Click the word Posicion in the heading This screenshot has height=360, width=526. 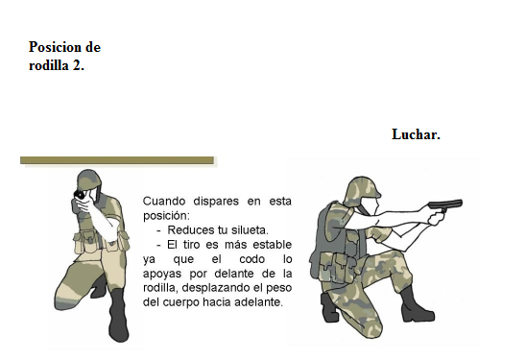pyautogui.click(x=55, y=47)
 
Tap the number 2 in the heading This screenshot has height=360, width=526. pyautogui.click(x=77, y=65)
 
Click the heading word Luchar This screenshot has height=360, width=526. pyautogui.click(x=416, y=134)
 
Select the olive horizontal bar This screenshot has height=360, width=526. pyautogui.click(x=117, y=160)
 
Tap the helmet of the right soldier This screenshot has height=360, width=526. pyautogui.click(x=364, y=188)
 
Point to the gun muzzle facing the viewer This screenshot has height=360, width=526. pyautogui.click(x=80, y=194)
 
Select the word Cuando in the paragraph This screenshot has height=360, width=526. pyautogui.click(x=164, y=202)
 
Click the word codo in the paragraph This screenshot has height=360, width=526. pyautogui.click(x=252, y=259)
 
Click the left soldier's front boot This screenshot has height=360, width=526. pyautogui.click(x=118, y=315)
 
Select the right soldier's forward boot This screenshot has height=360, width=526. pyautogui.click(x=416, y=305)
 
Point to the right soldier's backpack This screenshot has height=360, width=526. pyautogui.click(x=327, y=235)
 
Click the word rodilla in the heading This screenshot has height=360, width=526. pyautogui.click(x=49, y=65)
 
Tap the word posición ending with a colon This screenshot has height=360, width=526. pyautogui.click(x=166, y=216)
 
